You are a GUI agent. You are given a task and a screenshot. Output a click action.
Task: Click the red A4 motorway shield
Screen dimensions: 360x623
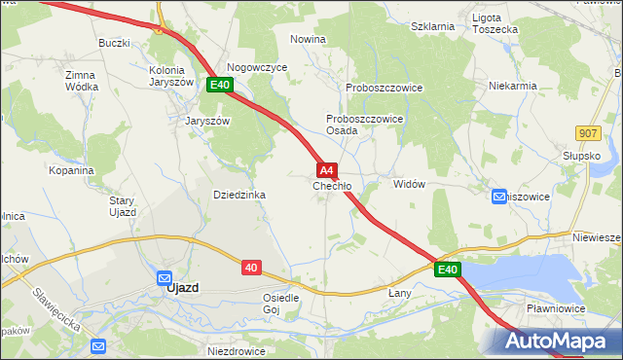(x=328, y=169)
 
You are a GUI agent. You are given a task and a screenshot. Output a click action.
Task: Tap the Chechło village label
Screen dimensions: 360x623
(x=332, y=186)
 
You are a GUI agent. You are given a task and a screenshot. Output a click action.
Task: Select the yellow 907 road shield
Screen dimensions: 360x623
(x=587, y=132)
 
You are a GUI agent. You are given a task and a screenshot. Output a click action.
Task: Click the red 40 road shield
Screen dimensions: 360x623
(x=251, y=267)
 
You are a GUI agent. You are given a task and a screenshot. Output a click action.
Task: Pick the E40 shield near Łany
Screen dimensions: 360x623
(x=447, y=269)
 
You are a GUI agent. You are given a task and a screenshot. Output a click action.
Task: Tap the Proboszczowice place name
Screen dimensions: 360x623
(x=384, y=87)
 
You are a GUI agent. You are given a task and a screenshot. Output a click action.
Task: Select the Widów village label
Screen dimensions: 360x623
(x=409, y=184)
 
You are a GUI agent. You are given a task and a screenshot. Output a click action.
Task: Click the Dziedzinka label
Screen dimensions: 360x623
(x=239, y=195)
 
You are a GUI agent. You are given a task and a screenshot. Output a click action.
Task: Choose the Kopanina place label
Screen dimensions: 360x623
(x=70, y=169)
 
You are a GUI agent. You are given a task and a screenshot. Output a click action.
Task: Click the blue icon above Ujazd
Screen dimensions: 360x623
(x=164, y=276)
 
